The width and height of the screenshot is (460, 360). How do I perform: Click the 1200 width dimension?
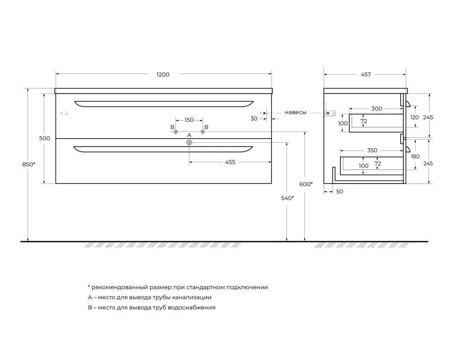163,75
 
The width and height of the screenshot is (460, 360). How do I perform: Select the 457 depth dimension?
366,75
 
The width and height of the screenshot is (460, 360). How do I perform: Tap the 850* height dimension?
29,164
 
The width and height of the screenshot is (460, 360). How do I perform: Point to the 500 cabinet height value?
45,138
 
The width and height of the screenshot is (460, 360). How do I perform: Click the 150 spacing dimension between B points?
189,120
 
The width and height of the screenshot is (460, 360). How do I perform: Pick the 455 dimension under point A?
230,162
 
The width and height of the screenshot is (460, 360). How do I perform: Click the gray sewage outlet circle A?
189,143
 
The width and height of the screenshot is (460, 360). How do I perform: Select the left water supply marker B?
176,132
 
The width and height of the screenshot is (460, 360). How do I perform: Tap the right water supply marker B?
202,132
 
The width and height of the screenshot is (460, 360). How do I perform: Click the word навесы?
295,112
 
